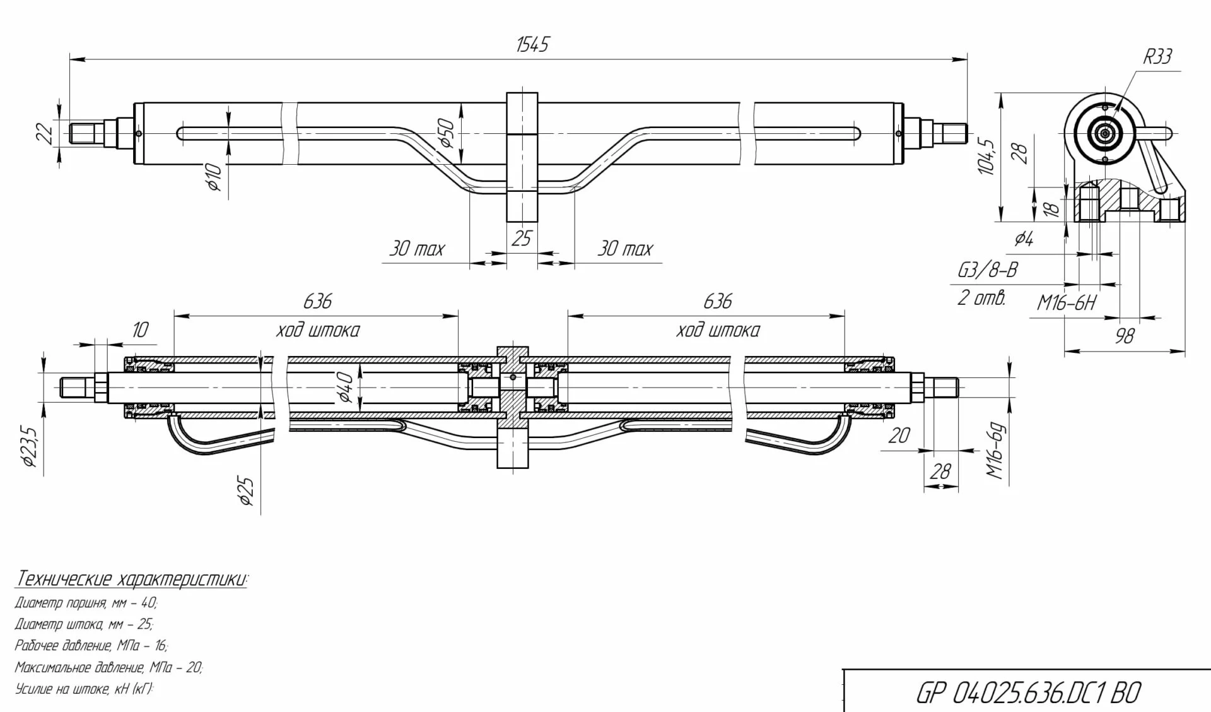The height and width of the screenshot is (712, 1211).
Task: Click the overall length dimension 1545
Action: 532,45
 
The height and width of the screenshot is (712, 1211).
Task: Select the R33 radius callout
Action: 1157,57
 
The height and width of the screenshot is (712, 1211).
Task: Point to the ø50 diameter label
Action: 447,133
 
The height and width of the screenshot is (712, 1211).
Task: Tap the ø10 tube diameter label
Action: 214,177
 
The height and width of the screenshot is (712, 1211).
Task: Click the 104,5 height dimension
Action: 987,157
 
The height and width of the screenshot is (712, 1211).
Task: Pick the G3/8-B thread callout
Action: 987,270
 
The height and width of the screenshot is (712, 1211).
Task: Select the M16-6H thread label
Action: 1067,304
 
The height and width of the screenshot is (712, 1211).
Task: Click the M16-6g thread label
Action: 995,451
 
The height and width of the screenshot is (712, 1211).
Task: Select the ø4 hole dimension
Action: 1024,239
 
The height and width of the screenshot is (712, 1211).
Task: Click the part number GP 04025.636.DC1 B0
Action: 1027,693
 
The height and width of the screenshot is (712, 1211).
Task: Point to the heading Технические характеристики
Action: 132,579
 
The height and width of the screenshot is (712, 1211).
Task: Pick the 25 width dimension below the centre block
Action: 522,239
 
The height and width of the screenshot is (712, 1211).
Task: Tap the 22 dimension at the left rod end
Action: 44,134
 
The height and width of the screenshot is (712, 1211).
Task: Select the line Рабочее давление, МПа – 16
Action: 91,646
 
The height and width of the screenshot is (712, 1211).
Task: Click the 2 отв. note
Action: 981,298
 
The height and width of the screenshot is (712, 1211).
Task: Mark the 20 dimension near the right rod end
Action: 899,435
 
